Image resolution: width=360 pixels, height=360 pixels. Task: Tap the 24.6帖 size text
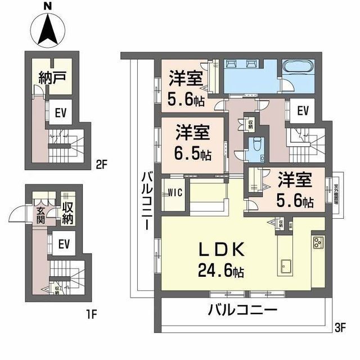pyautogui.click(x=220, y=272)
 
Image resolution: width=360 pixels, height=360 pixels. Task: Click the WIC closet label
pyautogui.click(x=173, y=194)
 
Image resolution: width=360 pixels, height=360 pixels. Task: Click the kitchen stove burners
pyautogui.click(x=318, y=244)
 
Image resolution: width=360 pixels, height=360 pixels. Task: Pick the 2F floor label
pyautogui.click(x=101, y=166)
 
